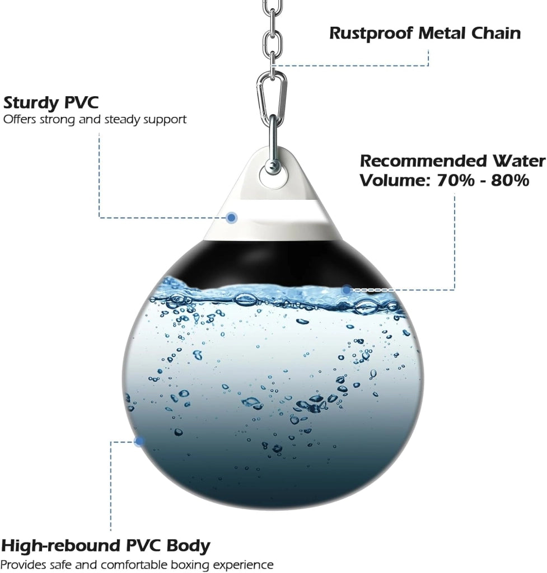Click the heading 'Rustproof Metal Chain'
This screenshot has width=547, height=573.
pos(425,33)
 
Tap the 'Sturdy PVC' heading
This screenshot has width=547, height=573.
pos(51,103)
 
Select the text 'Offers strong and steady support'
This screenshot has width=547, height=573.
pos(95,120)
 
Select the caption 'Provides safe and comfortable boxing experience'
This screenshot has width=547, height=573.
pos(137,565)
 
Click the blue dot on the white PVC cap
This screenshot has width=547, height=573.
pos(231,218)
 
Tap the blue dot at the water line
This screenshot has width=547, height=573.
pos(346,290)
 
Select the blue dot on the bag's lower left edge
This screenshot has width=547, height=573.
pos(139,442)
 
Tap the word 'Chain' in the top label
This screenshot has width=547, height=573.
pos(495,33)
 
